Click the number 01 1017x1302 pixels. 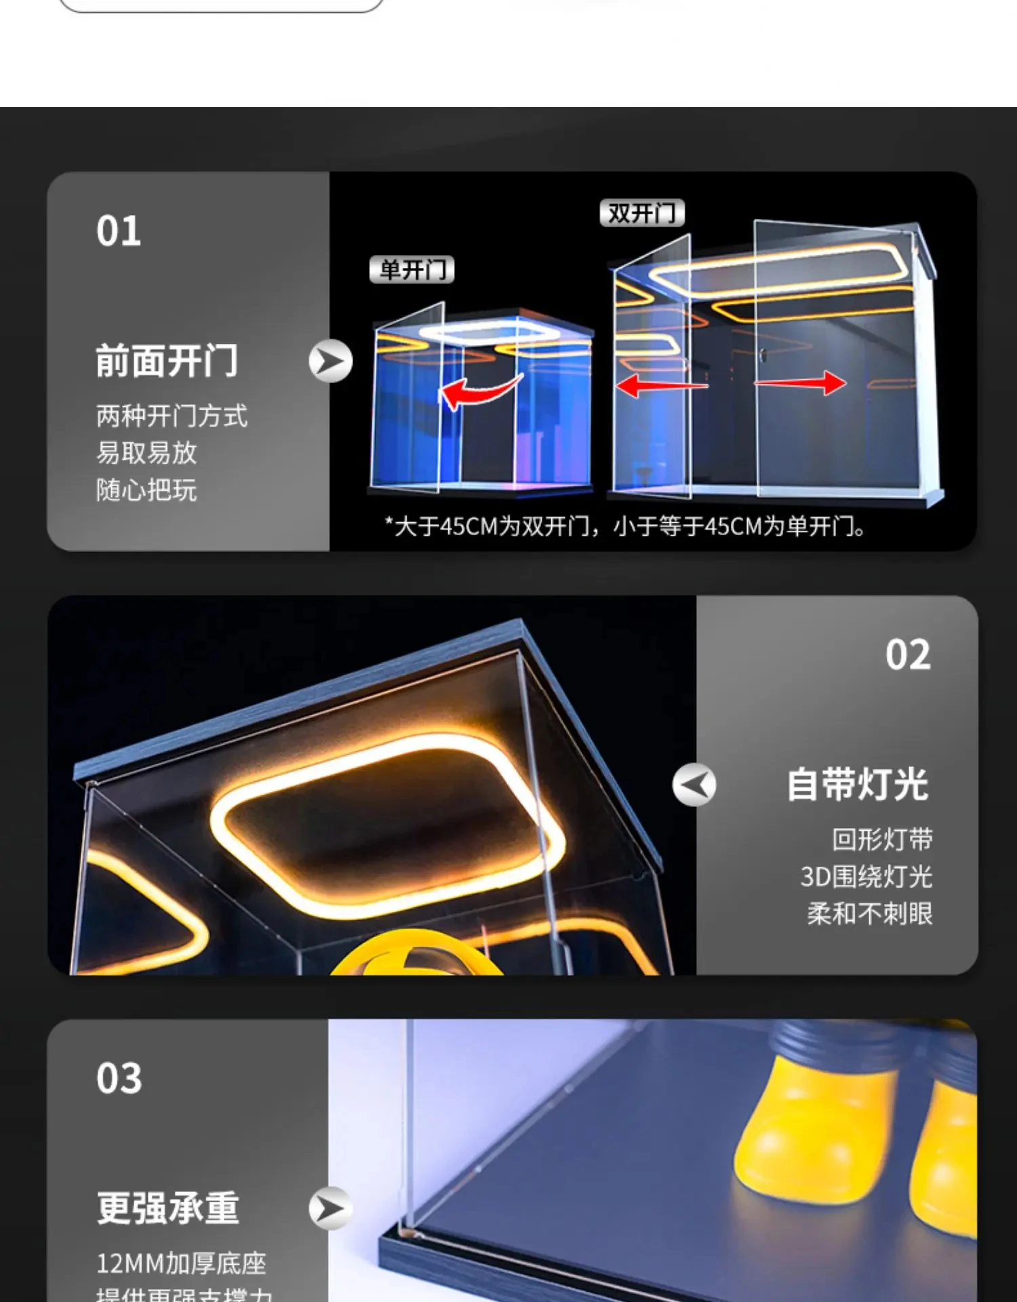tap(119, 231)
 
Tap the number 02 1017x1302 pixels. tap(908, 655)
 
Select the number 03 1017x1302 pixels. tap(119, 1078)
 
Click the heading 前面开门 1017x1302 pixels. tap(167, 360)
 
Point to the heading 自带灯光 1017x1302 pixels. tap(857, 785)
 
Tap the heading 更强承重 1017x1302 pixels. tap(168, 1208)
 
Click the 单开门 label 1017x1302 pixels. tap(412, 270)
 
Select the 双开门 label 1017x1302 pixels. tap(641, 213)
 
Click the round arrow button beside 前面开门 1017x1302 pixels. tap(331, 361)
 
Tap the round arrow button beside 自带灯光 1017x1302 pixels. tap(694, 785)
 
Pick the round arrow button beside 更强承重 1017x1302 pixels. tap(331, 1208)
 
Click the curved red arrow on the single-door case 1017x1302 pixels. tap(479, 392)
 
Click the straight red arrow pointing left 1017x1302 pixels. tap(661, 386)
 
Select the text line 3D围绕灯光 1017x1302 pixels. tap(866, 877)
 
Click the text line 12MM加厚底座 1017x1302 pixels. tap(181, 1263)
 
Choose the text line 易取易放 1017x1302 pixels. tap(146, 453)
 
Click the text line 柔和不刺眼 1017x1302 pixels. tap(870, 914)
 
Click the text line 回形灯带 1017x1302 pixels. tap(883, 840)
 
